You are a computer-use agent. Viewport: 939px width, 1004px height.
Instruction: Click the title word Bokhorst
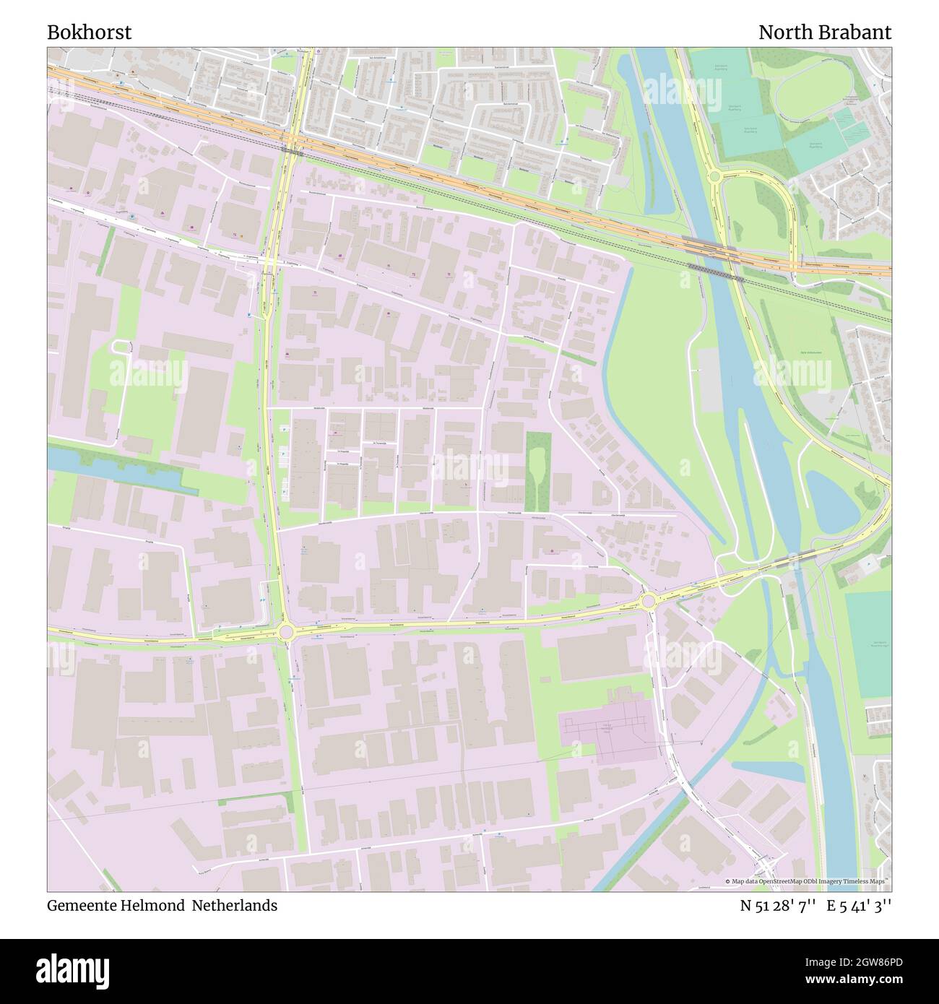click(x=90, y=33)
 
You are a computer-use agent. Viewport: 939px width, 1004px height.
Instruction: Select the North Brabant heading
click(x=824, y=33)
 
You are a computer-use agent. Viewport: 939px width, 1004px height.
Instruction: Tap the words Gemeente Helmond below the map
click(x=116, y=905)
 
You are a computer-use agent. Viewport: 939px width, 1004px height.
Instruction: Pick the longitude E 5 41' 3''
click(x=860, y=905)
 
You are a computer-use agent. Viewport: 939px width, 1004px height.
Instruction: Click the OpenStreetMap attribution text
click(x=808, y=881)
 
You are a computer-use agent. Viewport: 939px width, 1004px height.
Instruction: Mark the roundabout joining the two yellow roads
click(x=286, y=633)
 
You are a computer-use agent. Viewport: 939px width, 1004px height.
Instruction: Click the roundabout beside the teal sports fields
click(x=714, y=176)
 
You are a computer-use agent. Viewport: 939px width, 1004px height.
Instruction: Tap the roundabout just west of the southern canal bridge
click(x=648, y=600)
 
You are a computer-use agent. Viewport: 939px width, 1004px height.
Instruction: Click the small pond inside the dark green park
click(x=537, y=469)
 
